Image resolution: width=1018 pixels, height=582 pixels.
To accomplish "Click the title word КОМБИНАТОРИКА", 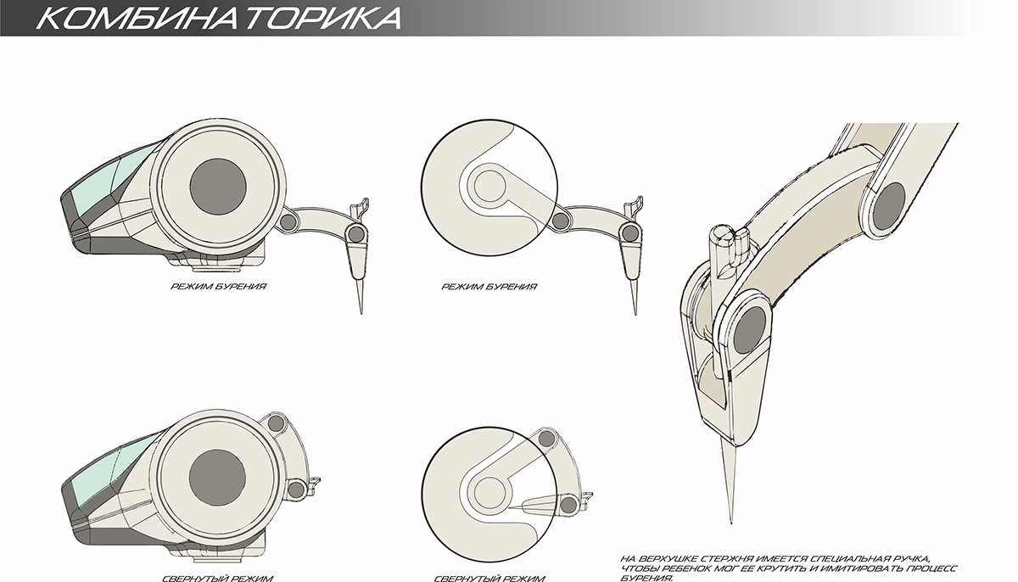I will tap(217, 19).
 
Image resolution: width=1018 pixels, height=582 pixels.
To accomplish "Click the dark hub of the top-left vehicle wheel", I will tap(218, 184).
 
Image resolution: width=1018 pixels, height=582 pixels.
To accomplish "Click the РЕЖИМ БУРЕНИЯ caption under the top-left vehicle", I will tap(219, 287).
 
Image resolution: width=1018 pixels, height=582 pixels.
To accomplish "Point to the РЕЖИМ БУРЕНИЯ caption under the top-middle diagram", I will tap(489, 287).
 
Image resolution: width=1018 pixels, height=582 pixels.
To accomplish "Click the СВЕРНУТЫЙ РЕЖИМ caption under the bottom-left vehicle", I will tap(217, 578).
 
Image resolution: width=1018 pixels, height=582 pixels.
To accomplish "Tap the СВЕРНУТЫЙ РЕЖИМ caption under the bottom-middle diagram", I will tap(489, 578).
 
